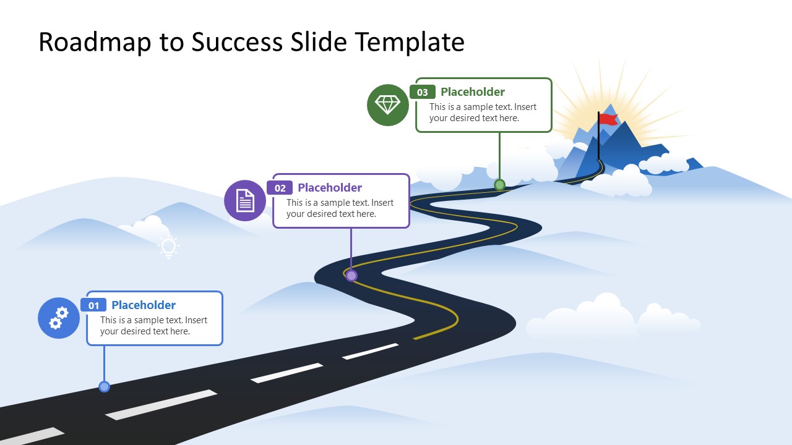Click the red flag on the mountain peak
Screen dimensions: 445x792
click(x=608, y=119)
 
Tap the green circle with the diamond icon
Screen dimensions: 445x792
click(x=388, y=105)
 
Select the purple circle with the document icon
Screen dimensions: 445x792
click(x=245, y=200)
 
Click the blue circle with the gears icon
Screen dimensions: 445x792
click(x=59, y=318)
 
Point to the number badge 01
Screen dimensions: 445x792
click(x=93, y=305)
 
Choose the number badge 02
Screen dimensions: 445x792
click(x=280, y=189)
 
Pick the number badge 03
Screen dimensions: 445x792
click(x=423, y=93)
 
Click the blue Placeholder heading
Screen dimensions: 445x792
click(x=144, y=305)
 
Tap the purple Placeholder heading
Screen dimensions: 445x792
click(x=330, y=188)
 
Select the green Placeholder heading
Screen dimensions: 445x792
click(x=473, y=92)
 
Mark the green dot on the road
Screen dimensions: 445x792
click(x=499, y=184)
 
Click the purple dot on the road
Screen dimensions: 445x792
click(x=351, y=276)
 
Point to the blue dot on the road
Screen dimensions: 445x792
click(x=104, y=387)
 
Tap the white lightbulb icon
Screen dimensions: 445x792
click(x=168, y=247)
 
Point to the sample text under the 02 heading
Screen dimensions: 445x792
click(x=340, y=208)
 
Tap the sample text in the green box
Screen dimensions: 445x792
click(x=483, y=112)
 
